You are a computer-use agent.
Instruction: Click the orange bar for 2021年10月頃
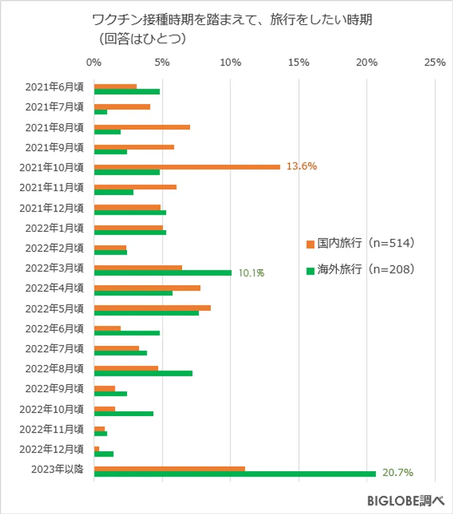point(186,166)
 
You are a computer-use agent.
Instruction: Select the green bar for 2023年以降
point(235,474)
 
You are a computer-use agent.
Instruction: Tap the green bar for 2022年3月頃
point(163,272)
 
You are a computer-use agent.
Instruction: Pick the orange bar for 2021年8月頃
point(142,127)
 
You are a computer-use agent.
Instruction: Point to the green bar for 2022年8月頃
point(143,373)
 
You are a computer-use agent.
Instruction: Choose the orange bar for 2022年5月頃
point(152,307)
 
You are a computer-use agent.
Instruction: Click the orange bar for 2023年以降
point(169,469)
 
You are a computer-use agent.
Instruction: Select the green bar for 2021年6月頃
point(127,91)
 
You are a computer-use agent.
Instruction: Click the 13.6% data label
point(301,166)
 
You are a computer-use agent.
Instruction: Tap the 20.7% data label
point(398,473)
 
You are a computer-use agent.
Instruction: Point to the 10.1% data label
point(251,273)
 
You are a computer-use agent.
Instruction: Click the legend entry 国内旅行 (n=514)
point(361,244)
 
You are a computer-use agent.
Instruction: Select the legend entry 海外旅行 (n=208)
point(361,269)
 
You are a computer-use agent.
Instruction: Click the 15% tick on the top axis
point(298,62)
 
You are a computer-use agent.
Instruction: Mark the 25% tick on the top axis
point(434,62)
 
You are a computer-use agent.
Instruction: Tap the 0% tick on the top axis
point(94,62)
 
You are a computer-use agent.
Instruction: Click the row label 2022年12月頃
point(51,449)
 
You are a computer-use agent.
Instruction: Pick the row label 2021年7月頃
point(54,106)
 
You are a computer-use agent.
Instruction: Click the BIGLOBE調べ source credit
point(406,499)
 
